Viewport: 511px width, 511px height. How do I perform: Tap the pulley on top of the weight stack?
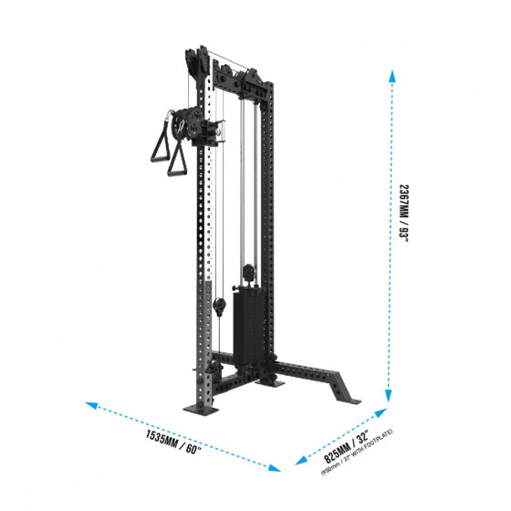247,272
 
